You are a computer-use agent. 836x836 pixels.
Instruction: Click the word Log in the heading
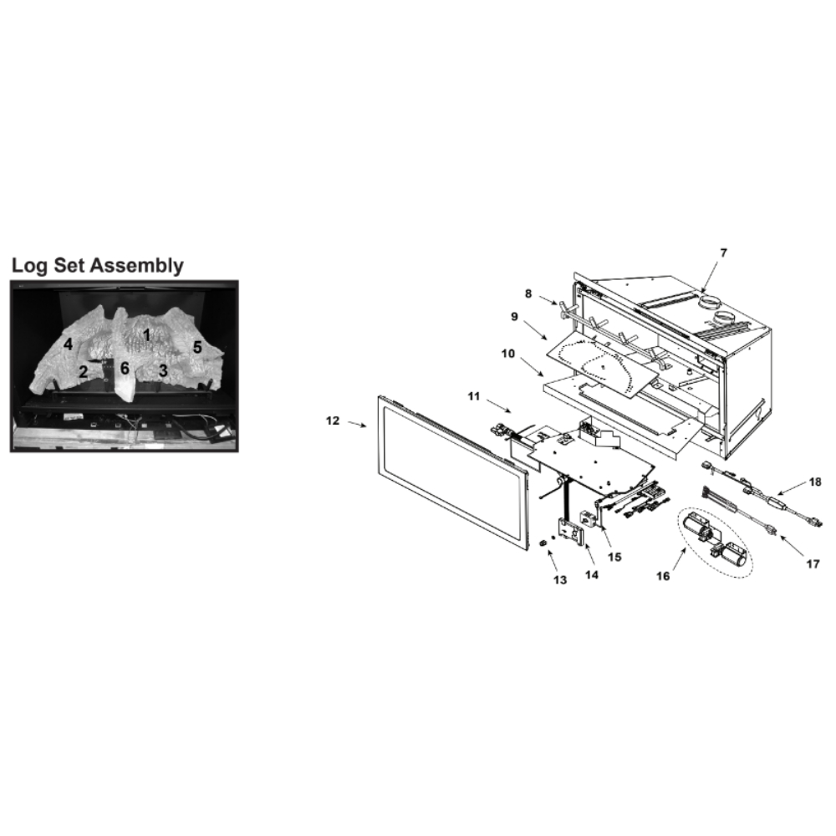pyautogui.click(x=29, y=266)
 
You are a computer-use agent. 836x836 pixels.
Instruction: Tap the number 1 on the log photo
pyautogui.click(x=146, y=335)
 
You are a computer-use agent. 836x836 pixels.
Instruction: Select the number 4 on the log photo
pyautogui.click(x=68, y=344)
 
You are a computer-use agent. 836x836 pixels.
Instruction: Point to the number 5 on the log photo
pyautogui.click(x=197, y=348)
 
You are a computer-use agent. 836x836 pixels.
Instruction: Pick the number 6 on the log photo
pyautogui.click(x=125, y=368)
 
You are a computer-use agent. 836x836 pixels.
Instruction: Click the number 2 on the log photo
pyautogui.click(x=83, y=372)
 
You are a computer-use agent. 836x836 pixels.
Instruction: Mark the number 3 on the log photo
pyautogui.click(x=163, y=370)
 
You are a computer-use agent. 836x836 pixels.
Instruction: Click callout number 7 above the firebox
pyautogui.click(x=723, y=252)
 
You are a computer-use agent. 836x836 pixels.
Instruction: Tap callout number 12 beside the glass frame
pyautogui.click(x=332, y=421)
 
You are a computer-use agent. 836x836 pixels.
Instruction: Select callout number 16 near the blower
pyautogui.click(x=663, y=576)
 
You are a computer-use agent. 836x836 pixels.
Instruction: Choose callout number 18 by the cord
pyautogui.click(x=815, y=482)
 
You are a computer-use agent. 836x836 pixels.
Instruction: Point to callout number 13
pyautogui.click(x=560, y=579)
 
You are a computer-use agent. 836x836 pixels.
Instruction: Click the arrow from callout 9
pyautogui.click(x=535, y=330)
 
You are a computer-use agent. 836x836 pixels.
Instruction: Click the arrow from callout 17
pyautogui.click(x=793, y=545)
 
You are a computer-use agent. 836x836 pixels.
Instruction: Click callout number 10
pyautogui.click(x=508, y=354)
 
